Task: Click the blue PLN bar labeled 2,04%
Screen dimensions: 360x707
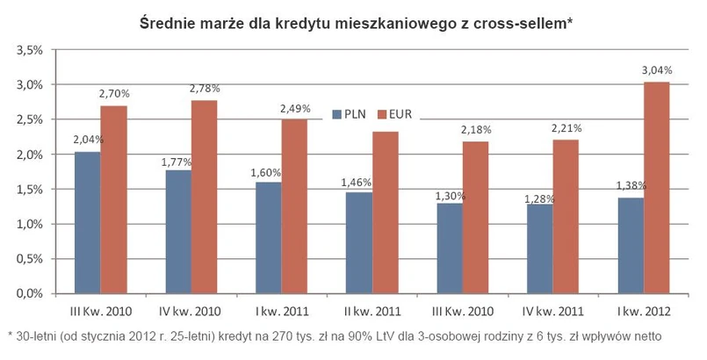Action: [x=87, y=222]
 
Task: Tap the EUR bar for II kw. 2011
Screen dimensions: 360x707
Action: [x=385, y=212]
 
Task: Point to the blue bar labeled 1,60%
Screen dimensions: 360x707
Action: [x=268, y=237]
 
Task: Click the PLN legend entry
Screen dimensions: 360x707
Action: [x=348, y=113]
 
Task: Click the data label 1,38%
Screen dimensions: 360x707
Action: [x=632, y=187]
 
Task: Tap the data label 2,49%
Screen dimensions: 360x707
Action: [x=295, y=109]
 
